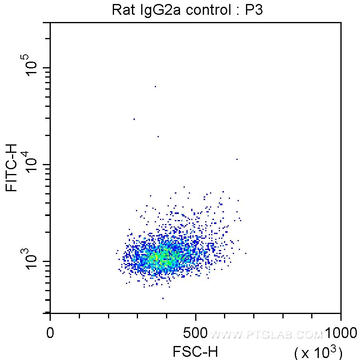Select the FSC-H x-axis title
pos(195,352)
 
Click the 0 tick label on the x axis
pos(50,333)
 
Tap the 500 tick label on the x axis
pos(196,333)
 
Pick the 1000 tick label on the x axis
pos(340,333)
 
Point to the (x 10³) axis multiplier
pos(318,352)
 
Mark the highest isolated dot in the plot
pos(155,86)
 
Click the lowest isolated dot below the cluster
pos(163,298)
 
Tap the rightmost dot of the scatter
pos(246,253)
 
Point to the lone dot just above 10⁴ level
pos(237,159)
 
